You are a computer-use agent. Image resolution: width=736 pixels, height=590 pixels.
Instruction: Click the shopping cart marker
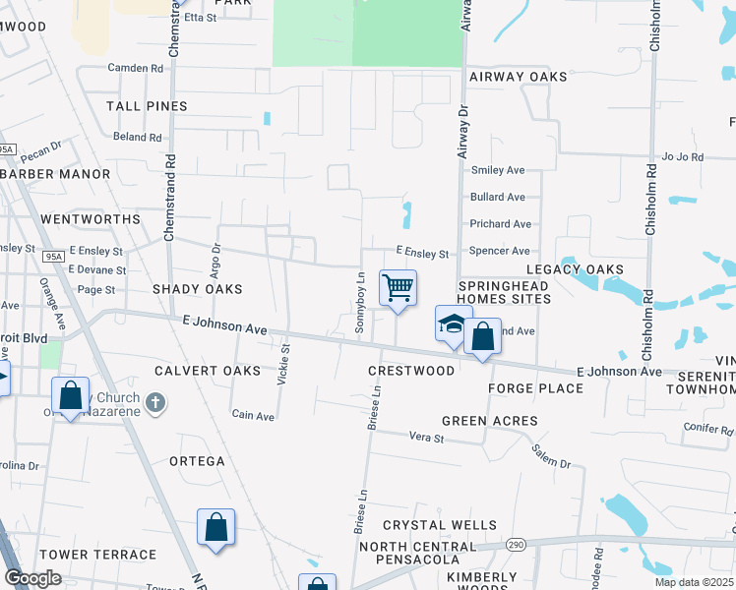point(398,289)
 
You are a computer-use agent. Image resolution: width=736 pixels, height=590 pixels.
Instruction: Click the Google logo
point(32,577)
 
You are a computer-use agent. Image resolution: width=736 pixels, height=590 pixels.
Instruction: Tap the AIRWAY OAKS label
point(519,77)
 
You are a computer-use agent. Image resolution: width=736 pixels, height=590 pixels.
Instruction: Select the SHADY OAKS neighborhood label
point(197,289)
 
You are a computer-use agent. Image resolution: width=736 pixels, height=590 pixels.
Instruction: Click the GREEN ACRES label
point(489,421)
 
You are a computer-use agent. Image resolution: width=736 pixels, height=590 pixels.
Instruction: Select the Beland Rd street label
point(137,137)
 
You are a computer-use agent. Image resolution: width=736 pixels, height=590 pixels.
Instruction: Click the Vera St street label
point(427,436)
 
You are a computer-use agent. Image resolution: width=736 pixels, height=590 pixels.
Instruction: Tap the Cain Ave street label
point(253,416)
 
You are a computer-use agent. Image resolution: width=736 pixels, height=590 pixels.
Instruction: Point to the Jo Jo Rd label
point(685,156)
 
